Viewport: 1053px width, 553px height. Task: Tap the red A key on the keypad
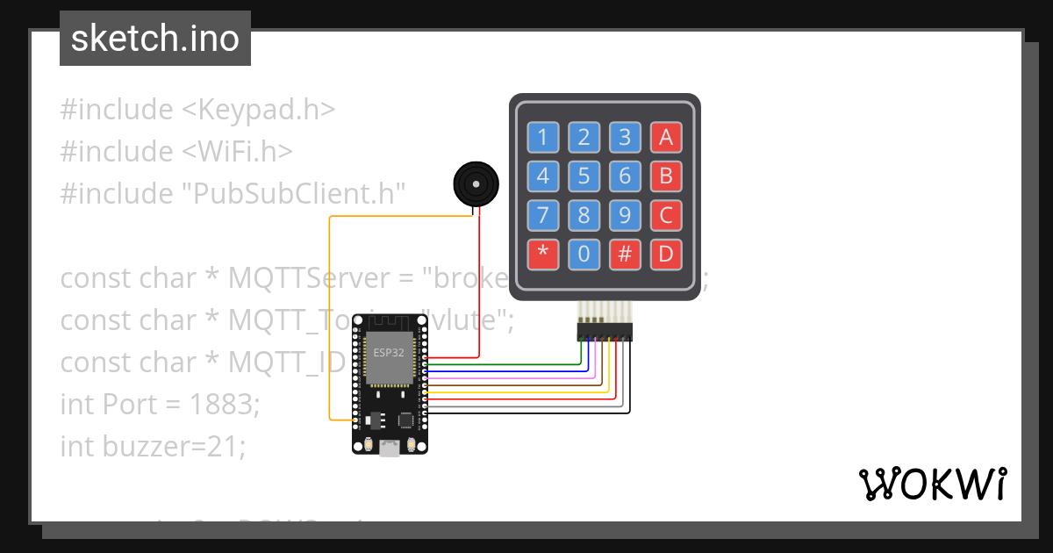[x=665, y=137]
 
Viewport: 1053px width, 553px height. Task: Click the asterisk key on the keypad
[x=542, y=255]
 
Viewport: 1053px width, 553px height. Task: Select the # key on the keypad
[x=625, y=255]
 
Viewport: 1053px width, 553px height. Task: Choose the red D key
[x=665, y=255]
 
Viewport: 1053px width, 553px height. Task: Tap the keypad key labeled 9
[x=625, y=216]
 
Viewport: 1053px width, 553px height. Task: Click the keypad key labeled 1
[x=542, y=137]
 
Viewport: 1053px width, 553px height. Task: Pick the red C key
[x=665, y=216]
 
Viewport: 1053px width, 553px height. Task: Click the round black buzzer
[x=475, y=184]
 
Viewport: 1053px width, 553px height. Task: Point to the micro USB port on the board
[x=389, y=449]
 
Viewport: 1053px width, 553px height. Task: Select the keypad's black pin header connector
[x=605, y=332]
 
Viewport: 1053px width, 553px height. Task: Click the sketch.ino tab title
[x=155, y=39]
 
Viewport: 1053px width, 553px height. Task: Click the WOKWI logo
[x=931, y=484]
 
